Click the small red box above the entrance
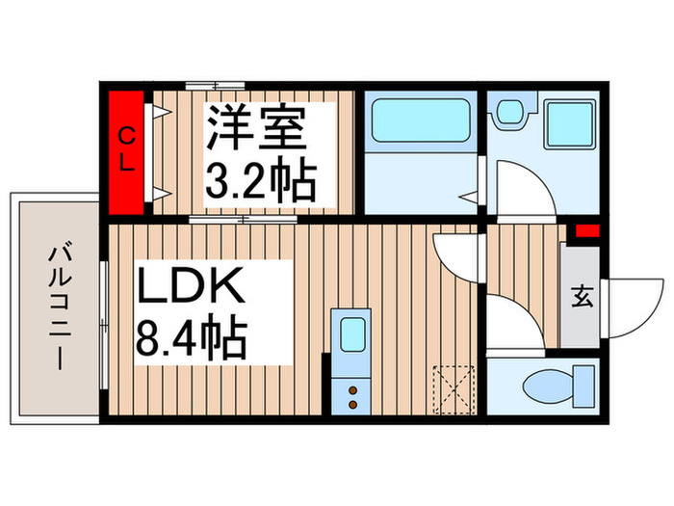pyautogui.click(x=586, y=230)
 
